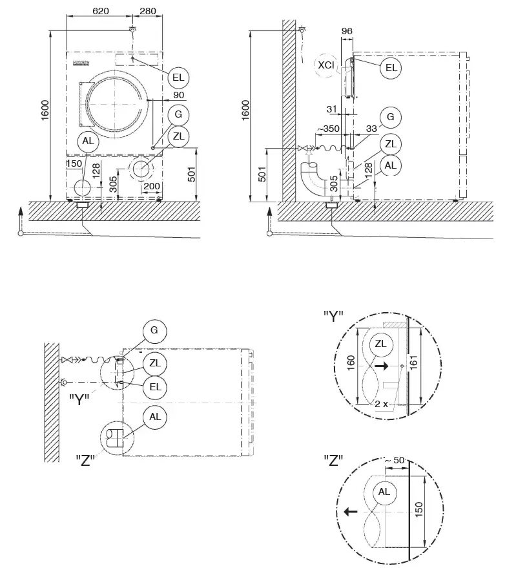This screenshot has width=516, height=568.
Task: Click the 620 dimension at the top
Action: [101, 11]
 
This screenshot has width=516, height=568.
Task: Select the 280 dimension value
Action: [147, 11]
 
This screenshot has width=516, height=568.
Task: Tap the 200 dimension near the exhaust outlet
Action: [152, 186]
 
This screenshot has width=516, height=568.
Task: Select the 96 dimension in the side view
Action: [347, 30]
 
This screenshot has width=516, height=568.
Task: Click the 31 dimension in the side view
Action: [333, 108]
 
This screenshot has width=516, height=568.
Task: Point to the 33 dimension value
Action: [371, 129]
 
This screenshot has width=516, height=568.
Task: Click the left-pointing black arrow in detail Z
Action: [351, 512]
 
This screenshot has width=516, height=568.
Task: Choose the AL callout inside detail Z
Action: [384, 492]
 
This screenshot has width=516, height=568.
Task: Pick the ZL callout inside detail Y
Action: [380, 344]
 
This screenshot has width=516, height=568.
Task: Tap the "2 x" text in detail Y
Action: [381, 403]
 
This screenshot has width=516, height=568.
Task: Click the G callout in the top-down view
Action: [154, 331]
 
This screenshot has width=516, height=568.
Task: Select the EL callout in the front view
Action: [178, 78]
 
